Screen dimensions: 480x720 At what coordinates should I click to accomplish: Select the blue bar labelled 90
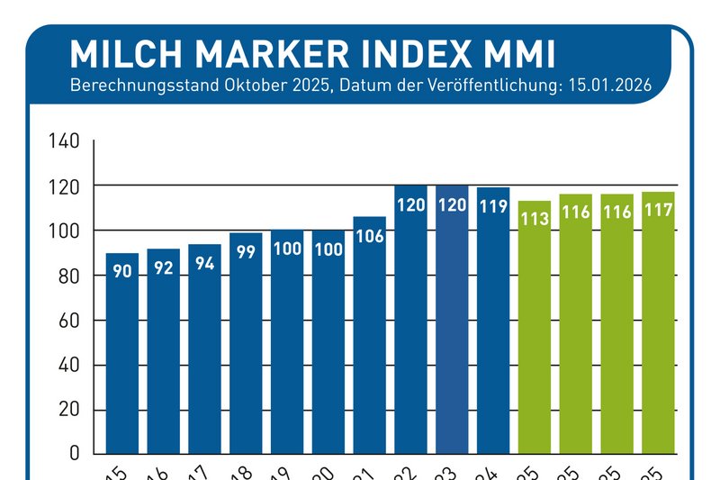(x=122, y=360)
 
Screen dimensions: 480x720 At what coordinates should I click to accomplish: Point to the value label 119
(x=493, y=205)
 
